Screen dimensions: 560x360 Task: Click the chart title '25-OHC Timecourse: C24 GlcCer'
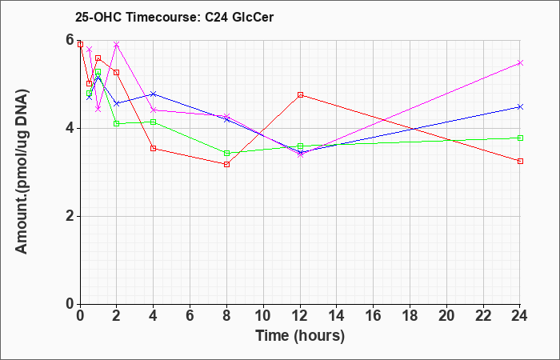click(x=174, y=17)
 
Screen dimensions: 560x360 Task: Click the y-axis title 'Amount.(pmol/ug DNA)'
click(x=22, y=171)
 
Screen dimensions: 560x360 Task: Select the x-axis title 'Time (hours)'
click(x=300, y=336)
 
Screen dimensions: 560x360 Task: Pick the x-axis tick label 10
click(x=263, y=315)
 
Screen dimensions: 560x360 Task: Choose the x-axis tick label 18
click(x=410, y=315)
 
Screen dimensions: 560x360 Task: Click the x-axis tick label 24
click(x=520, y=315)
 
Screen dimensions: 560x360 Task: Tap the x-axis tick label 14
click(x=337, y=315)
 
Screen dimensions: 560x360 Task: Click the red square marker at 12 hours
click(x=300, y=95)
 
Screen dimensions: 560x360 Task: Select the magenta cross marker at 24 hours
click(x=520, y=63)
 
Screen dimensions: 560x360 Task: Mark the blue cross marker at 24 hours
click(x=520, y=106)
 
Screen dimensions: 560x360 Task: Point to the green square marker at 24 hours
click(x=520, y=138)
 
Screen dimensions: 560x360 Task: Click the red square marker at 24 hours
click(x=520, y=161)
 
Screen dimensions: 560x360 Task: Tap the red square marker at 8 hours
click(x=226, y=164)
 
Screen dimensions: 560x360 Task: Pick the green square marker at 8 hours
click(x=226, y=154)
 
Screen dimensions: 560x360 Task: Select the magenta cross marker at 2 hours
click(x=117, y=44)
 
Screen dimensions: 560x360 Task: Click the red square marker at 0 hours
click(x=80, y=44)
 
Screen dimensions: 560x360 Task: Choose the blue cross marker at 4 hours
click(x=154, y=94)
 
